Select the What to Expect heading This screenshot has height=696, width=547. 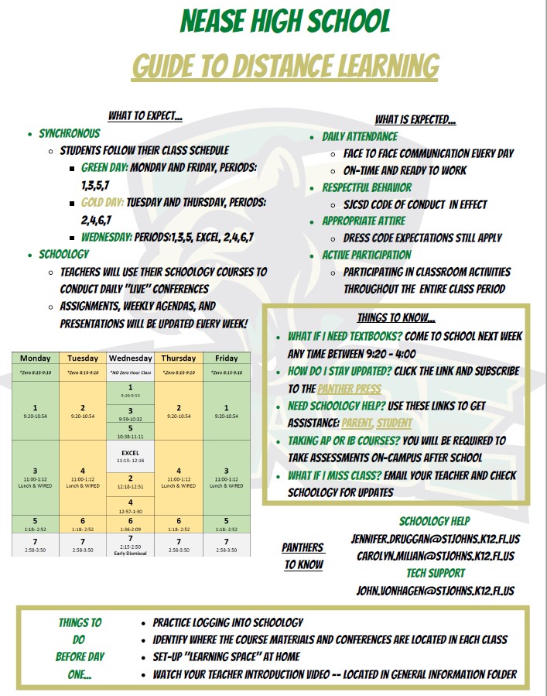coord(145,116)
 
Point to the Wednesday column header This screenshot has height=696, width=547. coord(131,358)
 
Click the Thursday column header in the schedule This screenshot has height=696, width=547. coord(179,358)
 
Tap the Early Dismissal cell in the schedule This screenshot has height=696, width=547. coord(131,545)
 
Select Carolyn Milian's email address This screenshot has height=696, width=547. coord(436,556)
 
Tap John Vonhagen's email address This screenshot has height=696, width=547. coord(436,591)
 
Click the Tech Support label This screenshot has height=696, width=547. coord(436,573)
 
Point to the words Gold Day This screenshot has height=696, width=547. coord(103,201)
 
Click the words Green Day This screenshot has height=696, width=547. coord(104,167)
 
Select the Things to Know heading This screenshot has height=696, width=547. coord(396,317)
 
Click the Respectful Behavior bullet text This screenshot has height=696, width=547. coord(367,187)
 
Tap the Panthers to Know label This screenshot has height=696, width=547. coord(303,556)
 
